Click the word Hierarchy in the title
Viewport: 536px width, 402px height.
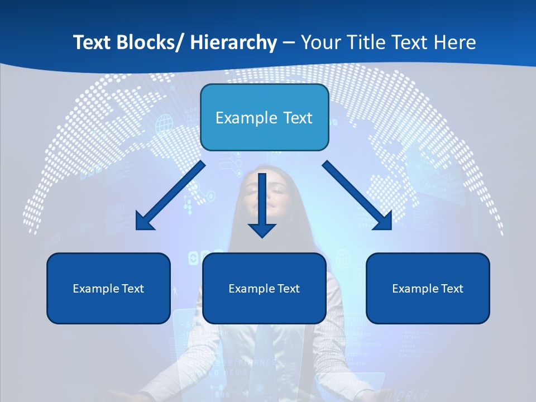pos(233,42)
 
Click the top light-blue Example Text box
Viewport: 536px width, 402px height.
pos(264,117)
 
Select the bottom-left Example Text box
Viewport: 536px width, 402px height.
pos(108,288)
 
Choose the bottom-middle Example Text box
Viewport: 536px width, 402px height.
pos(264,288)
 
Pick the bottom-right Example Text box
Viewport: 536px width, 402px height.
pos(428,288)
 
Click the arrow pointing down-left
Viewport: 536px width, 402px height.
pos(170,195)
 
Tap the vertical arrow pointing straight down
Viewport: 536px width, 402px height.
pos(262,204)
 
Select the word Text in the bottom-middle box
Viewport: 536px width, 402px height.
pos(288,289)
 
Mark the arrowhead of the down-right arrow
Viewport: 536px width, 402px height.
pos(384,222)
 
